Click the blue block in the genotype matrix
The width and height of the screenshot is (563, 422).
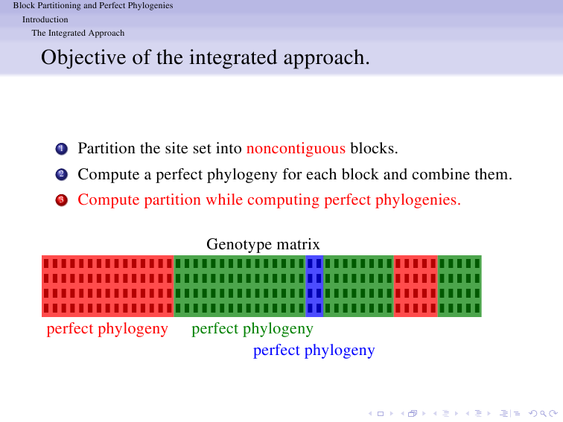[x=314, y=286]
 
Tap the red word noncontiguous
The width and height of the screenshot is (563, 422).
[x=296, y=148]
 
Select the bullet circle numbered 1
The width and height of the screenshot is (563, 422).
[x=61, y=149]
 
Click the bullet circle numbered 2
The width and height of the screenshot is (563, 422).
[x=61, y=174]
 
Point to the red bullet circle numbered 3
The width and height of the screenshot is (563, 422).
[x=61, y=200]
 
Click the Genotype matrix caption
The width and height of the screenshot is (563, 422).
[x=263, y=244]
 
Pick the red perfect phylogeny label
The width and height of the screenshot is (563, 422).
[x=107, y=329]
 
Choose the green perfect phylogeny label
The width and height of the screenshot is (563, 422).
[x=252, y=329]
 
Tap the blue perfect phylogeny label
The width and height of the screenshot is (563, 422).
[x=314, y=351]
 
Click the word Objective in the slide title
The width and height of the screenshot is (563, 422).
[x=83, y=58]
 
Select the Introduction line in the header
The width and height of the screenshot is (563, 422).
[x=45, y=19]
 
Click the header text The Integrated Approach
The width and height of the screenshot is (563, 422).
[x=78, y=33]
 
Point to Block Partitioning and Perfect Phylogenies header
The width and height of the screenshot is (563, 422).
[x=93, y=5]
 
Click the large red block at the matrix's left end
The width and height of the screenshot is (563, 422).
[x=108, y=286]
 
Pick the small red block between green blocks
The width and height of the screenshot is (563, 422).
[x=416, y=286]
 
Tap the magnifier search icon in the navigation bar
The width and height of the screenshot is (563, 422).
[x=543, y=414]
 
